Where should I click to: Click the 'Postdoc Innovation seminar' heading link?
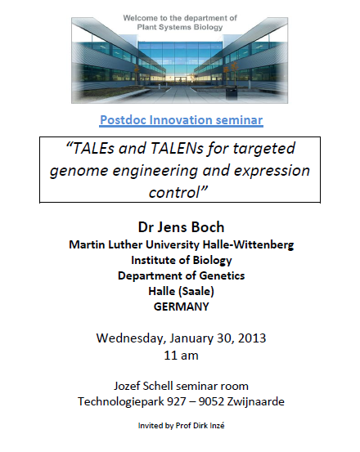pyautogui.click(x=181, y=120)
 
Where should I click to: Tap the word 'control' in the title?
pyautogui.click(x=174, y=192)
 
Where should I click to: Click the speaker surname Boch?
pyautogui.click(x=208, y=227)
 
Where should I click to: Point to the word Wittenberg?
pyautogui.click(x=263, y=244)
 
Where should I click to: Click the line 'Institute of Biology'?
pyautogui.click(x=182, y=260)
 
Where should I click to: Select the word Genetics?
pyautogui.click(x=222, y=275)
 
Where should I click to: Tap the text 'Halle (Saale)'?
pyautogui.click(x=181, y=291)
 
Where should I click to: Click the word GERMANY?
pyautogui.click(x=181, y=307)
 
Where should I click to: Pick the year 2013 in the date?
pyautogui.click(x=252, y=338)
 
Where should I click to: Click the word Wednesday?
pyautogui.click(x=131, y=338)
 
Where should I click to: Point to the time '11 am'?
pyautogui.click(x=181, y=356)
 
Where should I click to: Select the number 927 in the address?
pyautogui.click(x=177, y=401)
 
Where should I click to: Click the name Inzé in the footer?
pyautogui.click(x=217, y=426)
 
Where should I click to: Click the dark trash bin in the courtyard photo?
pyautogui.click(x=232, y=93)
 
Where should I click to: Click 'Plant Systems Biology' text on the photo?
pyautogui.click(x=180, y=28)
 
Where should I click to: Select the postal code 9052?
pyautogui.click(x=211, y=401)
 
